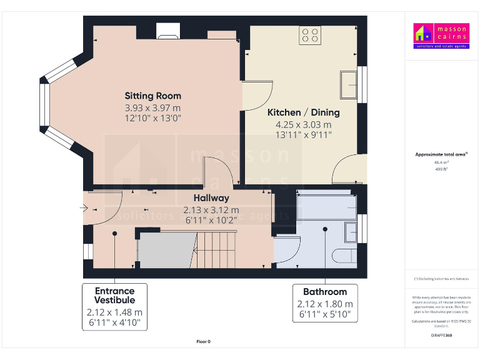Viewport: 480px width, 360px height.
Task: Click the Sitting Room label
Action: (x=152, y=96)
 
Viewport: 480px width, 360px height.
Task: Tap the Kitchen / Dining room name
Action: (x=303, y=112)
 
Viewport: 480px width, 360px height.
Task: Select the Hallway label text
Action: (x=211, y=198)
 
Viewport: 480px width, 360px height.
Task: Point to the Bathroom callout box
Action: (x=325, y=302)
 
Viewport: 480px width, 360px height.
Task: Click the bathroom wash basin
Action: (x=351, y=232)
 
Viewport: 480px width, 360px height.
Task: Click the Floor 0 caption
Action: (x=203, y=341)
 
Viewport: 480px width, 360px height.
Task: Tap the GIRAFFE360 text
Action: (x=441, y=336)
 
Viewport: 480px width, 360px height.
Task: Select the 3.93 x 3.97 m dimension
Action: (x=152, y=107)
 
